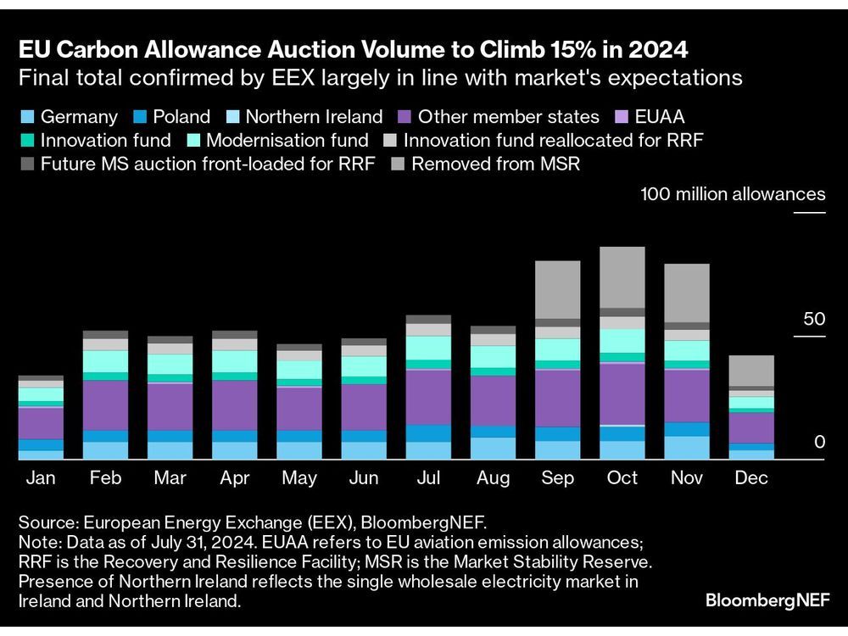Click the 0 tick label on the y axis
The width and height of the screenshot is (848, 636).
[x=818, y=442]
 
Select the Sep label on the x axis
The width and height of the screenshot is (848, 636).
[x=558, y=478]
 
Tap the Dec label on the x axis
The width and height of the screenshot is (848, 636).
[x=751, y=478]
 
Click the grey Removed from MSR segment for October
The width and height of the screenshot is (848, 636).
[x=622, y=277]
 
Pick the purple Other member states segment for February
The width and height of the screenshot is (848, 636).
[x=106, y=405]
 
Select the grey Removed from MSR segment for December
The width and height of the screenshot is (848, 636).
[x=751, y=371]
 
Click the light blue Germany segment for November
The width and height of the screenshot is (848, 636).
[x=687, y=448]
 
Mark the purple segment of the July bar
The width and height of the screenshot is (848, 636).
[x=429, y=397]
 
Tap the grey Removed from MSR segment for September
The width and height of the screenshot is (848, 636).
[x=558, y=289]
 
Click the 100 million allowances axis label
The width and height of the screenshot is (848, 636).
[x=733, y=194]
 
